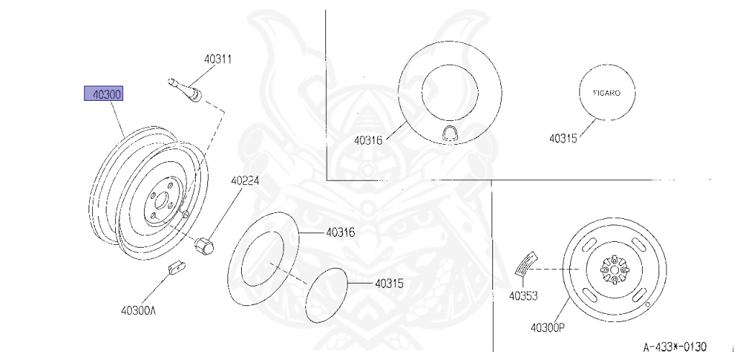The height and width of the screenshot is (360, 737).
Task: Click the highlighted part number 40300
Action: pyautogui.click(x=104, y=94)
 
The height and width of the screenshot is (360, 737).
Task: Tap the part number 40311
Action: pyautogui.click(x=217, y=60)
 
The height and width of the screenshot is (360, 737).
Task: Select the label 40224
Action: pyautogui.click(x=245, y=181)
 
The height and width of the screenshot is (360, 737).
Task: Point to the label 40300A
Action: pyautogui.click(x=137, y=310)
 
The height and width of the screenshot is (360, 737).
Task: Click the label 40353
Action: pyautogui.click(x=523, y=296)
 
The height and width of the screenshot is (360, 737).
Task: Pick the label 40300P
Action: pyautogui.click(x=547, y=328)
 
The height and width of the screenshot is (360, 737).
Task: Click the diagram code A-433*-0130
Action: pyautogui.click(x=674, y=347)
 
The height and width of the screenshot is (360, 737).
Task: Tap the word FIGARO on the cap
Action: pyautogui.click(x=606, y=93)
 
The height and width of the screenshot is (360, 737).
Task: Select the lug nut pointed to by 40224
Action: pyautogui.click(x=204, y=246)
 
